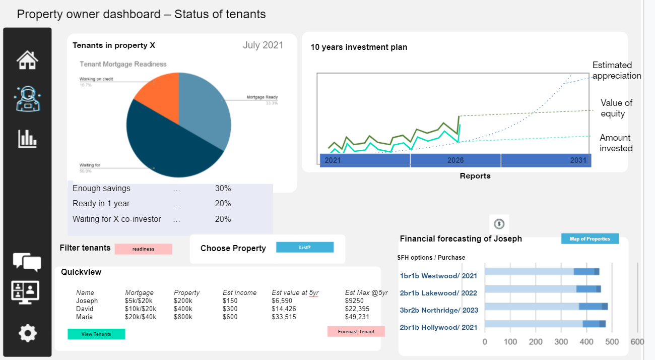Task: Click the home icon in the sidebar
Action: click(27, 60)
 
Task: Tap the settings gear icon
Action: click(27, 333)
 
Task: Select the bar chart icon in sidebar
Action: click(27, 139)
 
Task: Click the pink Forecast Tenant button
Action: click(356, 331)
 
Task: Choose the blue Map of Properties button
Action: click(589, 239)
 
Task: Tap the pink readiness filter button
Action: click(143, 249)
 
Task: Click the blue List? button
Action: click(305, 248)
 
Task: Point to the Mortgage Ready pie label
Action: click(262, 97)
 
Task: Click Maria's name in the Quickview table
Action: click(84, 317)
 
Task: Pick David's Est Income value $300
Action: click(230, 309)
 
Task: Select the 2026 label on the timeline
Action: click(455, 160)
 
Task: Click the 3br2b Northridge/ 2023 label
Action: click(439, 310)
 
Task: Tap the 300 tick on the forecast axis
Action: click(561, 342)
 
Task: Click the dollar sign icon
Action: click(499, 223)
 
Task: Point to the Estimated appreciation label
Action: click(616, 71)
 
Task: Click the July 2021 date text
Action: click(263, 45)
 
